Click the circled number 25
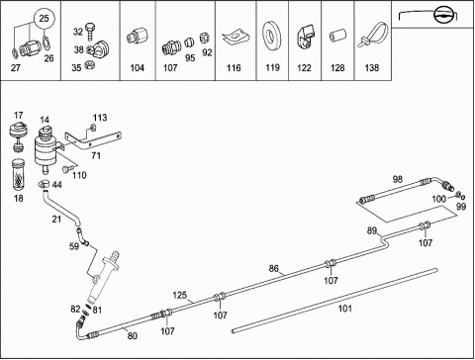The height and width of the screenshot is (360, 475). point(44,19)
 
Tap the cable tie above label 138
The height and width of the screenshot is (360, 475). point(373,35)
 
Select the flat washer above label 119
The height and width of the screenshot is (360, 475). point(271,35)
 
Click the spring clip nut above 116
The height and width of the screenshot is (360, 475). point(236,37)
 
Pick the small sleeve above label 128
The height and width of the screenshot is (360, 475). point(338,35)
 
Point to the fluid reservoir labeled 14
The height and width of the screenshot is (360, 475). point(46,146)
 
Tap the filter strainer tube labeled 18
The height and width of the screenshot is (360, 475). point(19,175)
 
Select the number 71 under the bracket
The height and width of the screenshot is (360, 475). point(96,155)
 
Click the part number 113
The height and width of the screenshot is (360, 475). point(100,118)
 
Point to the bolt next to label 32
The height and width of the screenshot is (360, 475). point(89,32)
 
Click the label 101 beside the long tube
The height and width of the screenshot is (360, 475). point(345,309)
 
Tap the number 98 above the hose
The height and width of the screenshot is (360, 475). point(398,179)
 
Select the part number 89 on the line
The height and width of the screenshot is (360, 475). point(372,230)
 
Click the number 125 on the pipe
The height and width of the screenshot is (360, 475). point(179,295)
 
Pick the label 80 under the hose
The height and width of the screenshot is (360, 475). point(132,336)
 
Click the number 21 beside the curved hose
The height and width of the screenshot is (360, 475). point(56,219)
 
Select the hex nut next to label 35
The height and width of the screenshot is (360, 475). point(88,64)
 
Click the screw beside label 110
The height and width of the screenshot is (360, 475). point(67,169)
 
